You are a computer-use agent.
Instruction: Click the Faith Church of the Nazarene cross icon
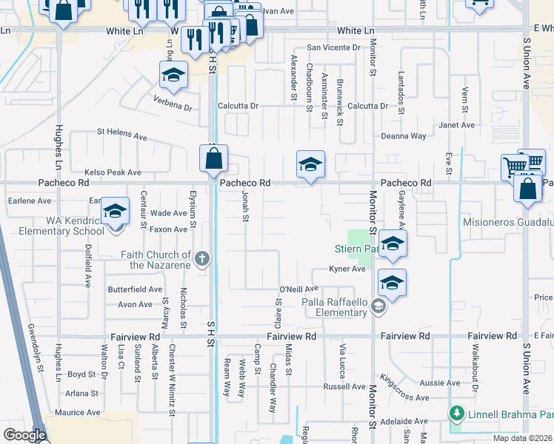coord(203,258)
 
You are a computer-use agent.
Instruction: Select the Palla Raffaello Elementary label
coord(335,307)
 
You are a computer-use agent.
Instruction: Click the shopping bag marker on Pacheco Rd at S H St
coord(213,158)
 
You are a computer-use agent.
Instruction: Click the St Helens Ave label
coord(122,134)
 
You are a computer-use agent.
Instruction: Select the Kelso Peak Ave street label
coord(113,172)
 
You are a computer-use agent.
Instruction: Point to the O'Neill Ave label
coord(298,289)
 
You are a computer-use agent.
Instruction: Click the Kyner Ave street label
coord(348,269)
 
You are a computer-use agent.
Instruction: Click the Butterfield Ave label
coord(135,289)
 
